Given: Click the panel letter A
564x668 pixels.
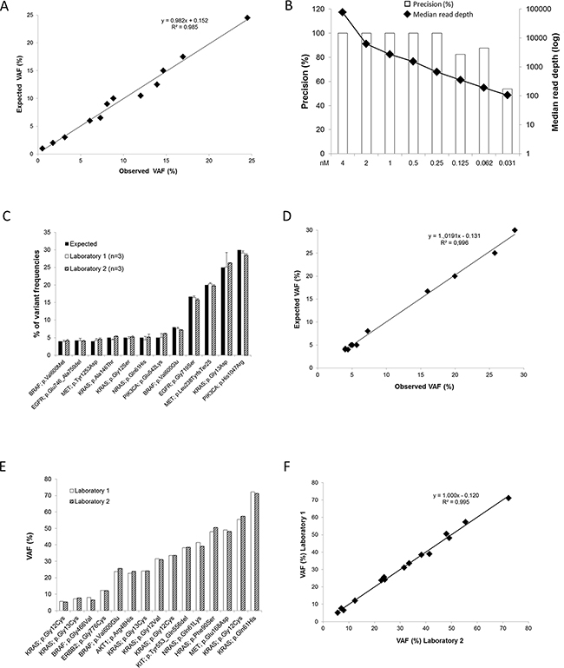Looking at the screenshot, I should pyautogui.click(x=8, y=8).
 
